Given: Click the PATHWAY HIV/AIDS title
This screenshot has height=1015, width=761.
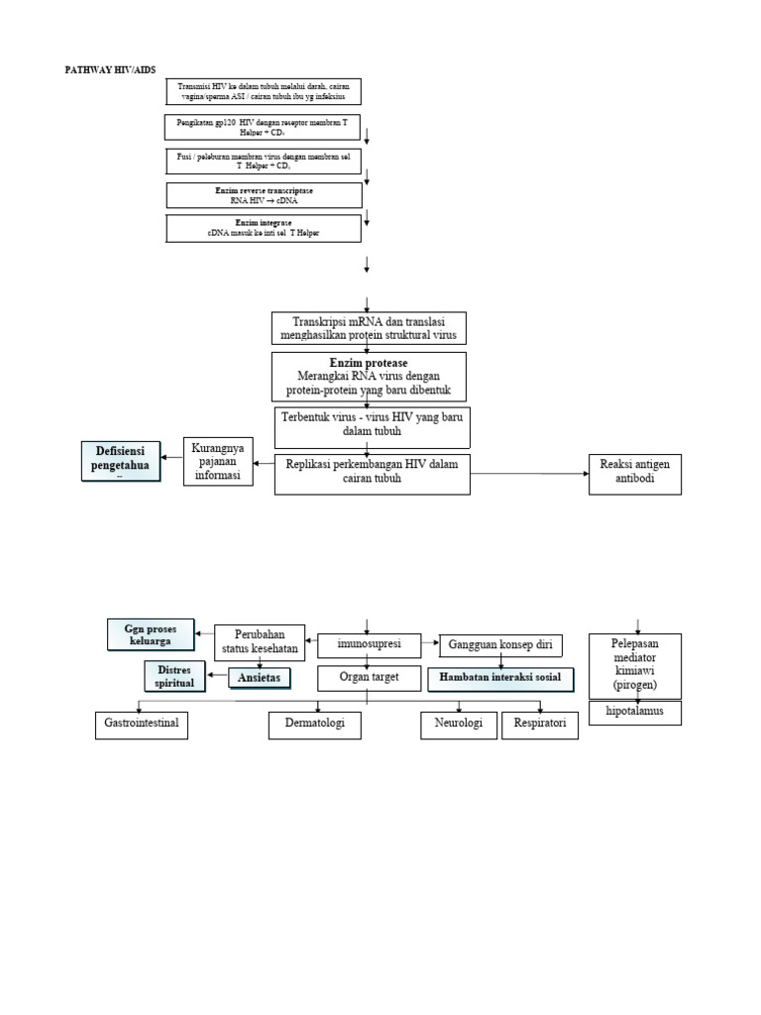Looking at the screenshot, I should [110, 69].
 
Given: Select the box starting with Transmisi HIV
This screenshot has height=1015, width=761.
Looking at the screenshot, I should [263, 91].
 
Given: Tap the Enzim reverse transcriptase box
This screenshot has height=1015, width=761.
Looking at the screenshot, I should [264, 194].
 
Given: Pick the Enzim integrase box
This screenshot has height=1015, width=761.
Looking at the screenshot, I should [264, 228].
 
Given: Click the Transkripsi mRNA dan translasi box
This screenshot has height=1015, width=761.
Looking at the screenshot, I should [368, 328].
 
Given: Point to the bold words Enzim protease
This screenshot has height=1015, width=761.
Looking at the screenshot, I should [368, 363].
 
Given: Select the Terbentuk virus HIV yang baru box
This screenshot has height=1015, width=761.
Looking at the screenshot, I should [372, 427].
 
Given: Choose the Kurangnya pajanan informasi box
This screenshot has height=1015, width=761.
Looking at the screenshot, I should [219, 463].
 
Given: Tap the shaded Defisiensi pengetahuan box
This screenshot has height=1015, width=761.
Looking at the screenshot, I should [120, 463].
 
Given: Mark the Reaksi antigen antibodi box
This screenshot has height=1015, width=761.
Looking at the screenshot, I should [635, 475].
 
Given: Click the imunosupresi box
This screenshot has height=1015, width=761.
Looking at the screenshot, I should [368, 645].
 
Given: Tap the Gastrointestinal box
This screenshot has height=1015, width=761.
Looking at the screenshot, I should [142, 725].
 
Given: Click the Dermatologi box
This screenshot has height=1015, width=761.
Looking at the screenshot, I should [314, 726].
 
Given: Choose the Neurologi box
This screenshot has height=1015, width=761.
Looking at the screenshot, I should [459, 726].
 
